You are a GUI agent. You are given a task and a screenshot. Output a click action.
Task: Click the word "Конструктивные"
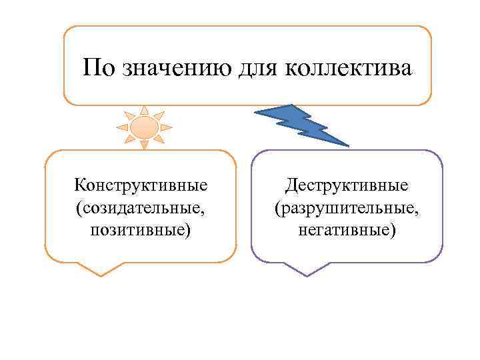[141, 183]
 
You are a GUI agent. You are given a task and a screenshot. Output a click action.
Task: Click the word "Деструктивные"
[347, 183]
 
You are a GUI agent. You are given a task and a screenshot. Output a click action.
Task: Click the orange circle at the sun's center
[144, 126]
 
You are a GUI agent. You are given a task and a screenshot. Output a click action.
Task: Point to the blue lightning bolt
[303, 123]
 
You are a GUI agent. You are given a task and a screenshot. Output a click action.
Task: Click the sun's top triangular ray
[144, 109]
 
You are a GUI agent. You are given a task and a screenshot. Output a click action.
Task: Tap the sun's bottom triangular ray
[144, 144]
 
